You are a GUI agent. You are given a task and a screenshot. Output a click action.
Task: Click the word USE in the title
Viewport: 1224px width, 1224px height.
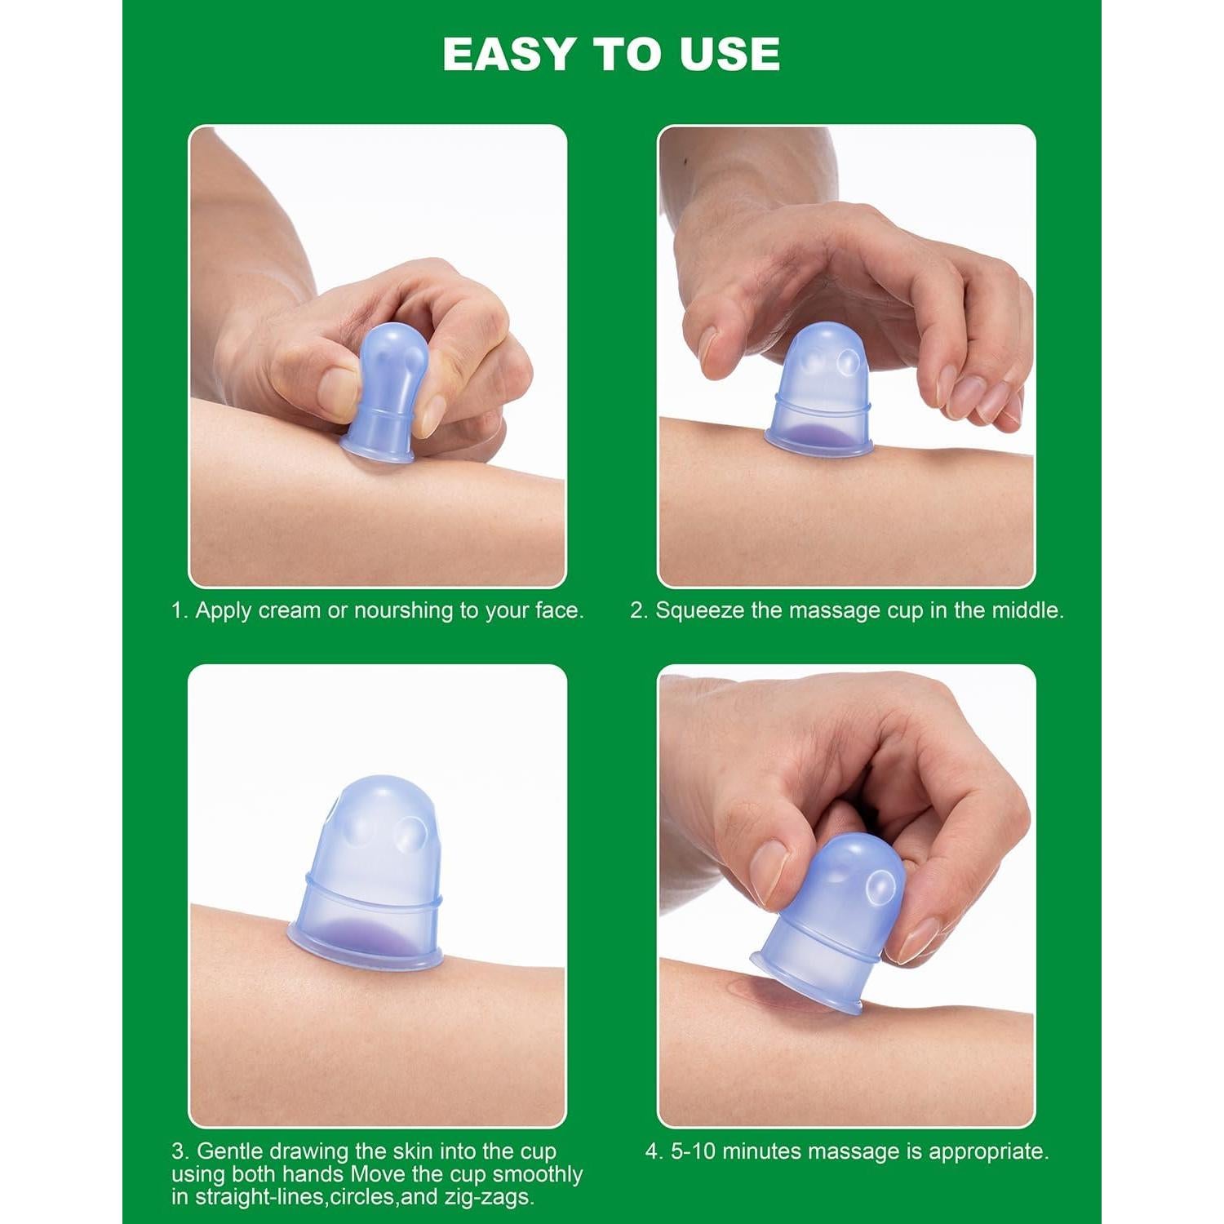[730, 54]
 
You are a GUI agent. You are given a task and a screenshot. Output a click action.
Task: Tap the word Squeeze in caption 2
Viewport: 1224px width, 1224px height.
[699, 610]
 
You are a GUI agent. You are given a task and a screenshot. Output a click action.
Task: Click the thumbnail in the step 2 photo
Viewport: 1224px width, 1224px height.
[708, 347]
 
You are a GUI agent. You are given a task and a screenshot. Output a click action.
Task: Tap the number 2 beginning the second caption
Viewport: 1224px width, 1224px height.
[636, 610]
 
